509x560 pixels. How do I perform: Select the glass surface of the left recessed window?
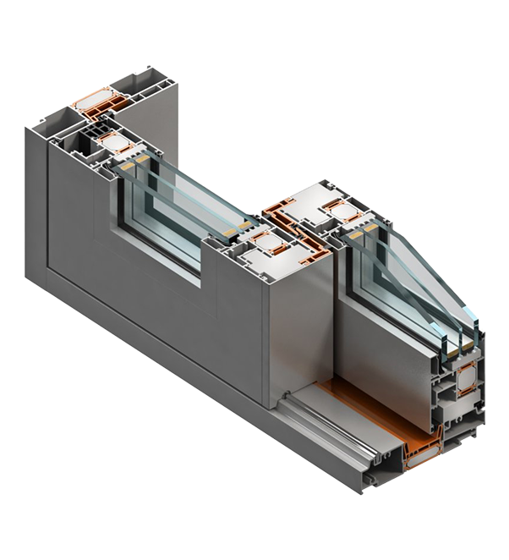tap(161, 216)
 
